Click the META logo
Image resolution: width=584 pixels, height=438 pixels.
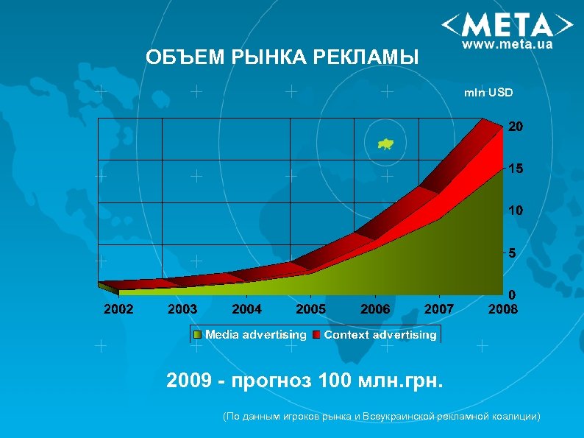click(507, 26)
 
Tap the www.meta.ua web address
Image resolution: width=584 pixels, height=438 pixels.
click(507, 45)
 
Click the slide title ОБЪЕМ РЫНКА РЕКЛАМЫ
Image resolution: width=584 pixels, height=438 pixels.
click(282, 57)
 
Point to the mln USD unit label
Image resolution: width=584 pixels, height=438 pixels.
click(488, 93)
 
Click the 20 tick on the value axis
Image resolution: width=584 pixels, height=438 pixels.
click(516, 127)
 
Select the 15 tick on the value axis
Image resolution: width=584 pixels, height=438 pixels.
click(516, 169)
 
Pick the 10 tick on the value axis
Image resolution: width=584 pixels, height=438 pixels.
click(516, 211)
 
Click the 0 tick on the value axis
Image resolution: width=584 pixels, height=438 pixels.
click(513, 294)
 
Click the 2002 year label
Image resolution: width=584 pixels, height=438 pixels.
click(118, 310)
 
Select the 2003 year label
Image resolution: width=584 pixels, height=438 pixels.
click(182, 310)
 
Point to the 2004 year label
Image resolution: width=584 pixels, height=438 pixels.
click(246, 310)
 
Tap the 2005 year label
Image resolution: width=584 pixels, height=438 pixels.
click(311, 310)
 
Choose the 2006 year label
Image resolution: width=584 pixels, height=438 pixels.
click(375, 310)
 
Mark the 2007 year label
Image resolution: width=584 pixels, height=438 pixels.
click(439, 310)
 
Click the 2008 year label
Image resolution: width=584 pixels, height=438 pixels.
click(503, 310)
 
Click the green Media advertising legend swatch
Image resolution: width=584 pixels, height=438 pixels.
click(197, 336)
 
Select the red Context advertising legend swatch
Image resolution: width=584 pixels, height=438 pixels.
click(316, 336)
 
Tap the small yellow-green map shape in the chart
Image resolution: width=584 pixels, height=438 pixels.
click(385, 144)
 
